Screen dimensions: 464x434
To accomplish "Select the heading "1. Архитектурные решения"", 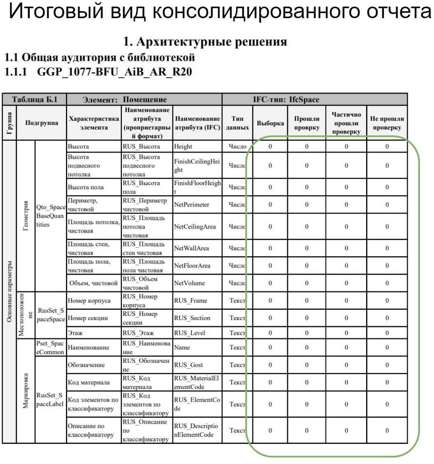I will click(x=205, y=42).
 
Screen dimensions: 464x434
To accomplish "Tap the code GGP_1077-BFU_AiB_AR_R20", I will click(x=114, y=72).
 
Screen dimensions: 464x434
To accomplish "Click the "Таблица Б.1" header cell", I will click(x=35, y=99).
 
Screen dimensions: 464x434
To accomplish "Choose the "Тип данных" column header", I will click(x=238, y=123).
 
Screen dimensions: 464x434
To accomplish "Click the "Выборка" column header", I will click(x=270, y=123).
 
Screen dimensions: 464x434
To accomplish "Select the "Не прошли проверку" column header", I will click(x=387, y=123).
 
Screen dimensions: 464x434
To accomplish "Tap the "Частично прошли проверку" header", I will click(x=346, y=123).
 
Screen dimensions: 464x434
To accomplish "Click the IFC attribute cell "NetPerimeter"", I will click(x=191, y=205).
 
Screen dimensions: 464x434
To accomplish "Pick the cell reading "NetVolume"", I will click(x=189, y=283).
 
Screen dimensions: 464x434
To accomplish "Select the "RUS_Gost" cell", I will click(x=188, y=365).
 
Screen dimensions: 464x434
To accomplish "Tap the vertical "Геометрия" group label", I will click(x=26, y=217).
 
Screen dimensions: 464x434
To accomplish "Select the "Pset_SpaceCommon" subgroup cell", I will click(x=50, y=348).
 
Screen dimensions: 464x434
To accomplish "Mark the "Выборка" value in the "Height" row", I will click(x=270, y=146).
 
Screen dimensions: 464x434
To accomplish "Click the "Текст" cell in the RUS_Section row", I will click(x=238, y=318).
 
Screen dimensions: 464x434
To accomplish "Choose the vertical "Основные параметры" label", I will click(x=9, y=297).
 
